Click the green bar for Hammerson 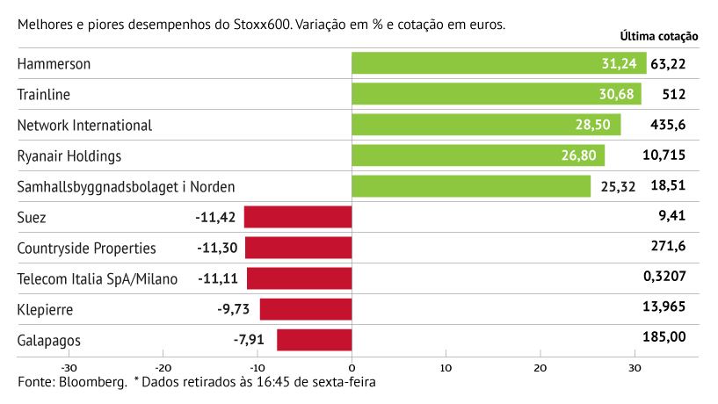tap(498, 63)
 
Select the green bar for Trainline tap(496, 94)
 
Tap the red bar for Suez tap(298, 217)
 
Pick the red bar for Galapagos tap(314, 340)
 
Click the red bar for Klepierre tap(305, 309)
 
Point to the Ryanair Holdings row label tap(69, 155)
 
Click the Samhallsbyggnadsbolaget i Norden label tap(127, 186)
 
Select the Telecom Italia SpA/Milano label tap(98, 278)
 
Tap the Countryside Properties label tap(87, 248)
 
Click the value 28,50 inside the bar tap(592, 125)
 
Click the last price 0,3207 tap(665, 278)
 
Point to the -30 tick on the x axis tap(68, 367)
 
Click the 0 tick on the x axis tap(352, 367)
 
